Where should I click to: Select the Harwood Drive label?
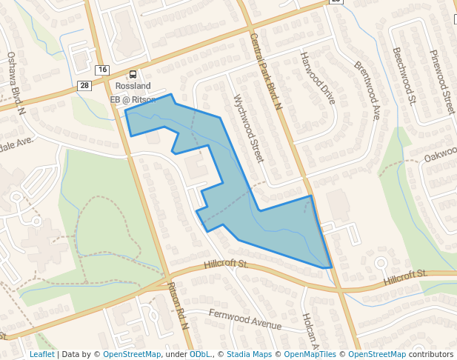(318, 77)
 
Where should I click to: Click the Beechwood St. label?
(406, 76)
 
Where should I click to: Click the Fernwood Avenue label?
(245, 321)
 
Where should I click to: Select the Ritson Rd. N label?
(179, 306)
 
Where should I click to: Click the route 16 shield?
(101, 70)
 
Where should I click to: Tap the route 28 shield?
(85, 86)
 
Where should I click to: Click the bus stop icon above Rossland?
(133, 74)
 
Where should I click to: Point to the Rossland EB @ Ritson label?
(133, 93)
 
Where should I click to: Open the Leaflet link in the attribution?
(41, 354)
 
